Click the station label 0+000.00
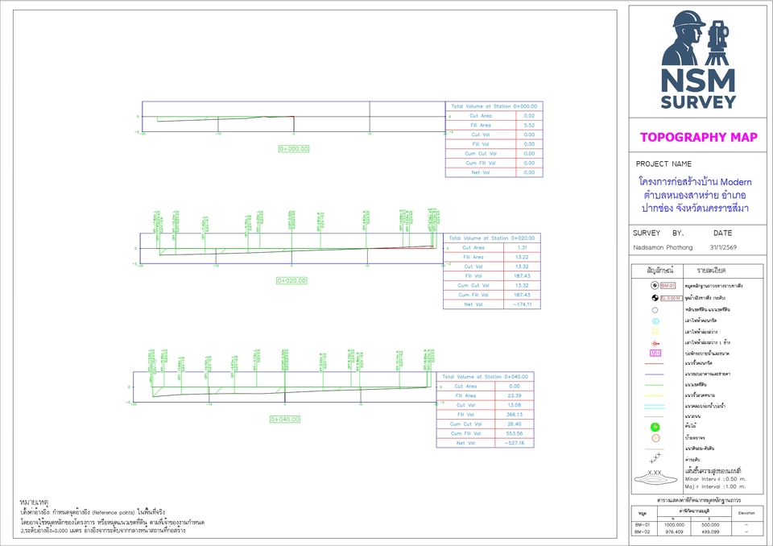(x=294, y=149)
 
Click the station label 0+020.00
(x=292, y=281)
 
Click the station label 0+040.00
(x=285, y=419)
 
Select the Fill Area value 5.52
(x=529, y=125)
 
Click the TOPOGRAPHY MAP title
(x=698, y=137)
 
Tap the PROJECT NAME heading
(x=663, y=163)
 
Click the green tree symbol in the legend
(x=655, y=426)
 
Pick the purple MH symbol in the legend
(x=655, y=354)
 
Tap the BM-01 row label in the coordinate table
(x=642, y=524)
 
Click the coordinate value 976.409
(x=673, y=532)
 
